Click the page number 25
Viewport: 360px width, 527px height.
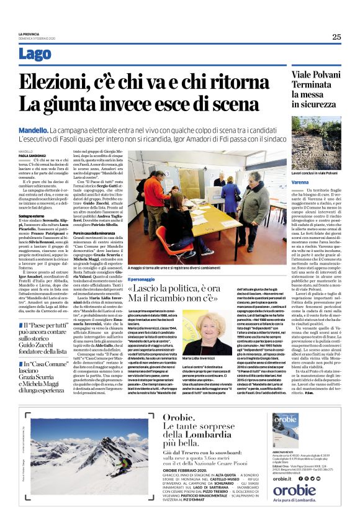pyautogui.click(x=336, y=37)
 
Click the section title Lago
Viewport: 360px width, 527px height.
pyautogui.click(x=35, y=54)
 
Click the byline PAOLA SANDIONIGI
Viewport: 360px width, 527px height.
pyautogui.click(x=32, y=155)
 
